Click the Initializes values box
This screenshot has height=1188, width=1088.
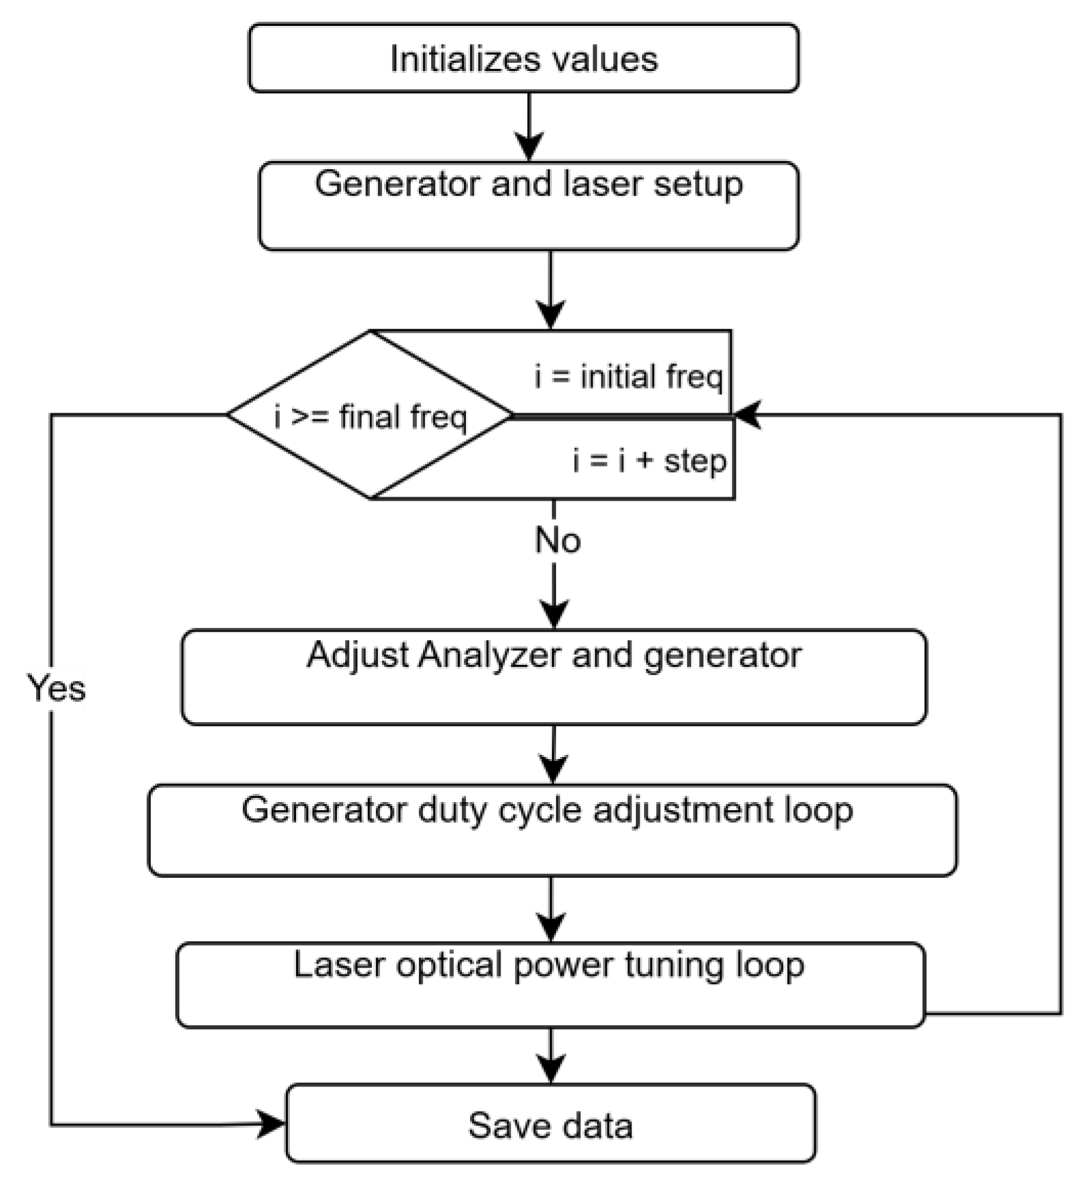[523, 58]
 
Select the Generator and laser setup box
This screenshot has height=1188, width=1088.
[529, 206]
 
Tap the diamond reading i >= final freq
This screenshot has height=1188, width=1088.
[370, 415]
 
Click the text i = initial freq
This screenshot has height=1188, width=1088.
[628, 376]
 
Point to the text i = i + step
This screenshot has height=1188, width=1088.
[649, 460]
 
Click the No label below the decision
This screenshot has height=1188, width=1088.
[557, 540]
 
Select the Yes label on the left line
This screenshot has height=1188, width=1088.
[56, 687]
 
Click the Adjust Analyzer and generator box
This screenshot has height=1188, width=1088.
[554, 677]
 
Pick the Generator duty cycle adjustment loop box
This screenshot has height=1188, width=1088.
[552, 830]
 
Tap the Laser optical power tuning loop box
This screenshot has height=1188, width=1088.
[550, 985]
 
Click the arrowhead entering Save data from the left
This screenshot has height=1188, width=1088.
[271, 1123]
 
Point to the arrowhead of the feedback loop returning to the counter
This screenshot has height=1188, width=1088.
[748, 415]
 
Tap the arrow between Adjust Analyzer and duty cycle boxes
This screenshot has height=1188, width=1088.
[553, 754]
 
